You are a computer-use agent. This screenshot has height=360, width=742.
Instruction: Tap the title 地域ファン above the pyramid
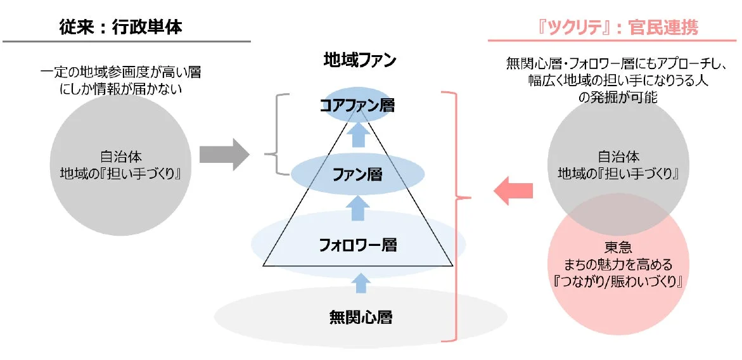coord(359,61)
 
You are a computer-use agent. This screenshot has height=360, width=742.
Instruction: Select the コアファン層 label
coord(357,105)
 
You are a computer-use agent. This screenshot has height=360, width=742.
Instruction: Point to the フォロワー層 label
coord(357,244)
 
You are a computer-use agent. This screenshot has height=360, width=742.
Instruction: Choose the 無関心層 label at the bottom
coord(361,316)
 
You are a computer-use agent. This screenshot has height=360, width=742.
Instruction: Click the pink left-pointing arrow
coord(513,191)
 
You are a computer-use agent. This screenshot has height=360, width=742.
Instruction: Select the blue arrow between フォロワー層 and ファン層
coord(359,207)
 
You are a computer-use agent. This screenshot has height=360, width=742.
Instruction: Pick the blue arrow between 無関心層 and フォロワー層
coord(361,282)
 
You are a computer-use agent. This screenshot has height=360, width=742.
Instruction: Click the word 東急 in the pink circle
coord(618,249)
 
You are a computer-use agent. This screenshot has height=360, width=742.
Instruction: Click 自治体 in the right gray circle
coord(618,156)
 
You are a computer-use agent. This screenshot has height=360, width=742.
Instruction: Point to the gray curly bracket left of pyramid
coord(272,134)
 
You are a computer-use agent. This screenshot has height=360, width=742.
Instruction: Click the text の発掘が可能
coord(617,97)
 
